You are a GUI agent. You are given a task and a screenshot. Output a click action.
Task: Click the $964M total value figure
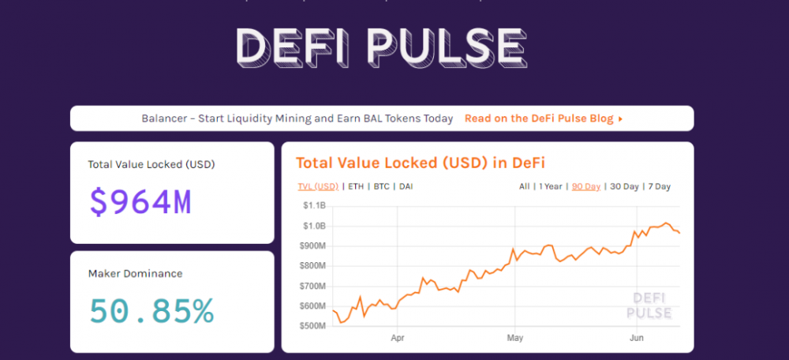click(x=140, y=202)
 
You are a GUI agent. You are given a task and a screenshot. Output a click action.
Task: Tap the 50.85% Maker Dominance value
click(x=151, y=311)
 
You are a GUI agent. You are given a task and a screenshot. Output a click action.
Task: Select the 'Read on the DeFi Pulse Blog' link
click(x=544, y=118)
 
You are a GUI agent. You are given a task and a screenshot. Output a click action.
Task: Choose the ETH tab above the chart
click(x=356, y=186)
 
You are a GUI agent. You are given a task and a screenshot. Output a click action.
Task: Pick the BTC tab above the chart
click(x=382, y=186)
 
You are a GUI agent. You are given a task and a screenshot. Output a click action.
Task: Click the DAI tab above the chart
click(x=406, y=186)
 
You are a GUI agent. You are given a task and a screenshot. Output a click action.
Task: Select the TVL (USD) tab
click(x=317, y=186)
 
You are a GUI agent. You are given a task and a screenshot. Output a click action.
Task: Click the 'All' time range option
click(x=525, y=186)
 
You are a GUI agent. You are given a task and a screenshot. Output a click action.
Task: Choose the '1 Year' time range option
click(x=552, y=186)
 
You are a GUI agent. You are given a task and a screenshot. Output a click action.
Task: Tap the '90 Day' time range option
click(x=586, y=186)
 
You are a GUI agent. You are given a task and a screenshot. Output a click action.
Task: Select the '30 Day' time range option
click(x=625, y=186)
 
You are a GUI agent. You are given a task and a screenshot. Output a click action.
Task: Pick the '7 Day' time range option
click(x=659, y=186)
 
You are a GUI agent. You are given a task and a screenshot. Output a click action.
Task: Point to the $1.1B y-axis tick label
click(x=313, y=205)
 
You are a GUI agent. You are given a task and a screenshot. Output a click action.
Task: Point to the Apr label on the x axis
click(x=397, y=338)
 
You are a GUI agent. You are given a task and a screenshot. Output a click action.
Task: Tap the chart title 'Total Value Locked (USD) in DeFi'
click(x=421, y=163)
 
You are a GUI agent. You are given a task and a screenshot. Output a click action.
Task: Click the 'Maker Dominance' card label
click(x=135, y=274)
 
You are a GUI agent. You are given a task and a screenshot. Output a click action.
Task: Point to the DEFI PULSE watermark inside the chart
click(x=649, y=306)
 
